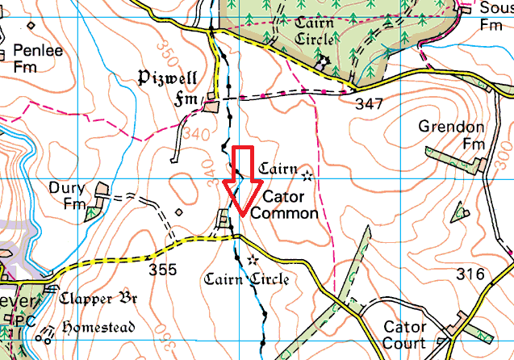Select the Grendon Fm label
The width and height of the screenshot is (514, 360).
[452, 135]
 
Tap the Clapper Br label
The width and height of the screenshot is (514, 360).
[98, 297]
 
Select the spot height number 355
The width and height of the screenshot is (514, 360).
[162, 270]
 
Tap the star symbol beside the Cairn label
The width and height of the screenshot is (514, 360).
[306, 174]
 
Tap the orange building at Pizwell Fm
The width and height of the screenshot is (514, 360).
[211, 106]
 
